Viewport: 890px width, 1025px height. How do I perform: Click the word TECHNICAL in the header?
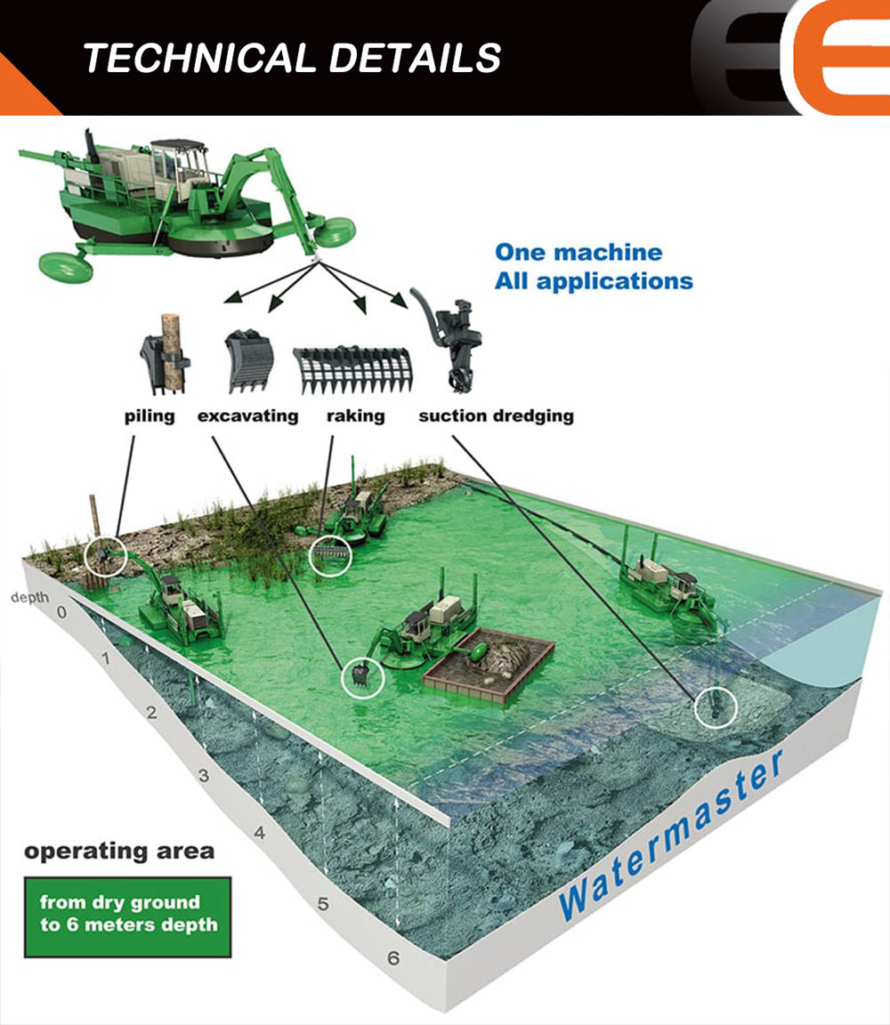(199, 58)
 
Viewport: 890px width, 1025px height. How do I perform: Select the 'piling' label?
(150, 416)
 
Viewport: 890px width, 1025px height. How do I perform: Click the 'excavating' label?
(247, 416)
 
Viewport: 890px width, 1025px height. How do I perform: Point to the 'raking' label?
(356, 416)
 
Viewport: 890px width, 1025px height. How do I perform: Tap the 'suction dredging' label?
(497, 416)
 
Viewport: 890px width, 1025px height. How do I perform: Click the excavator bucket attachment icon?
(248, 361)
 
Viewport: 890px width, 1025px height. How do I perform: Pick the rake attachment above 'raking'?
(353, 370)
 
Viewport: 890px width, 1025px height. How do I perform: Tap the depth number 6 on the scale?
(393, 958)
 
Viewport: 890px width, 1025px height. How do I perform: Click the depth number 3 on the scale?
(204, 776)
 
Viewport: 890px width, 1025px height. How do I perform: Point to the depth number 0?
(62, 612)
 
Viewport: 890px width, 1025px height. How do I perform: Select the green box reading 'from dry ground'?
(127, 917)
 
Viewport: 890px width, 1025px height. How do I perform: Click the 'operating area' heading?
(119, 851)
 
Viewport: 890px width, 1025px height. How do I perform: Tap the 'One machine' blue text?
(578, 253)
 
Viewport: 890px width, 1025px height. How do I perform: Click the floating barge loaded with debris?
(489, 664)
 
